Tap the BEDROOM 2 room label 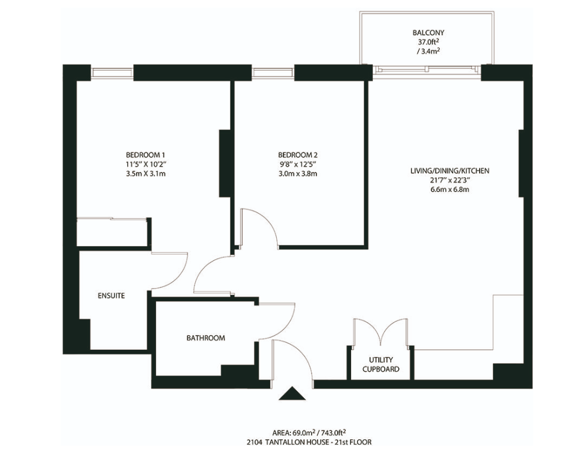[x=298, y=155]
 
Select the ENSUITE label [x=111, y=296]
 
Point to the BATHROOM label [x=206, y=338]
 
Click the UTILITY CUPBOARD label [x=381, y=365]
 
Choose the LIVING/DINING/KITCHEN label [x=450, y=171]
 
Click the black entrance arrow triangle [x=293, y=393]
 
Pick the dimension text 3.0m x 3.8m [x=298, y=174]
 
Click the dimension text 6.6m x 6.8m [x=450, y=190]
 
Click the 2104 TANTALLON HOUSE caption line [x=310, y=442]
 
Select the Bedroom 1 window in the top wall [x=112, y=72]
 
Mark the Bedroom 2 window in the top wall [x=273, y=72]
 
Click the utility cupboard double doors [x=381, y=332]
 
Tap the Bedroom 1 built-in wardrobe [x=113, y=232]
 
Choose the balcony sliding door [x=427, y=70]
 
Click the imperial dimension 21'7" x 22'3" [x=450, y=181]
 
